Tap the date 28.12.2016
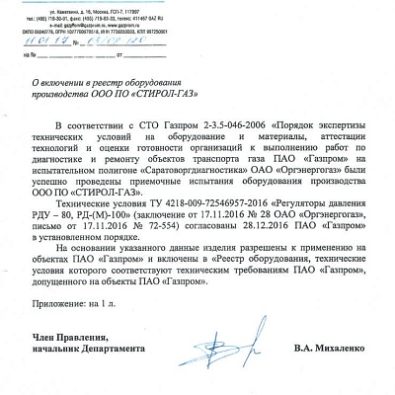285,225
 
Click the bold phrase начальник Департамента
87,350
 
